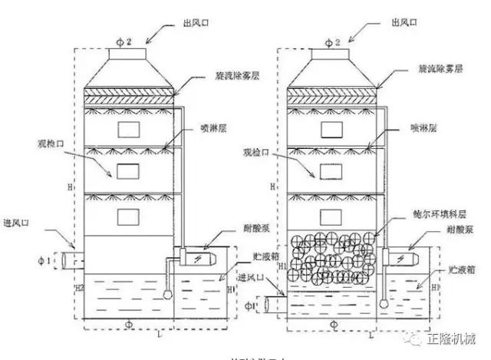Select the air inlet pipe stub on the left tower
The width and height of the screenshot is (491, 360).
(x=67, y=259)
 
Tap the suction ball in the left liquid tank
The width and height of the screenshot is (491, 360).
(x=168, y=292)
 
